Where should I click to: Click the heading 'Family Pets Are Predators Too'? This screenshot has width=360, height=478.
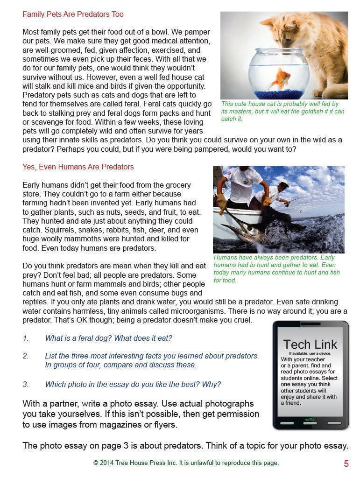pyautogui.click(x=73, y=14)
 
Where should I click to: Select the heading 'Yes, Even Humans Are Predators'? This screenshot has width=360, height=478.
pyautogui.click(x=78, y=167)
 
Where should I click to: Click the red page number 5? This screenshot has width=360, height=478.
pyautogui.click(x=346, y=464)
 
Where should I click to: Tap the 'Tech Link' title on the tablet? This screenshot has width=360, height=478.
pyautogui.click(x=310, y=344)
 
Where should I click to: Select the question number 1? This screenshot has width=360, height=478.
pyautogui.click(x=26, y=338)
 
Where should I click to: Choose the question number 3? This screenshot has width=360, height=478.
pyautogui.click(x=26, y=384)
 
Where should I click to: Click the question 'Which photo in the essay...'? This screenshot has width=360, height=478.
pyautogui.click(x=133, y=384)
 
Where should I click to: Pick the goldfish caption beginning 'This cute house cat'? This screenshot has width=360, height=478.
pyautogui.click(x=282, y=112)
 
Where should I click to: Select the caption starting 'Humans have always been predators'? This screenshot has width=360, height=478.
pyautogui.click(x=277, y=269)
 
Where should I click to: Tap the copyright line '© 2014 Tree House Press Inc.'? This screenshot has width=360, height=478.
pyautogui.click(x=186, y=463)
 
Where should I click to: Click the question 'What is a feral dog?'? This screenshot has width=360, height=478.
pyautogui.click(x=108, y=338)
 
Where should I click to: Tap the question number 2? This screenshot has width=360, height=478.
pyautogui.click(x=26, y=356)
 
